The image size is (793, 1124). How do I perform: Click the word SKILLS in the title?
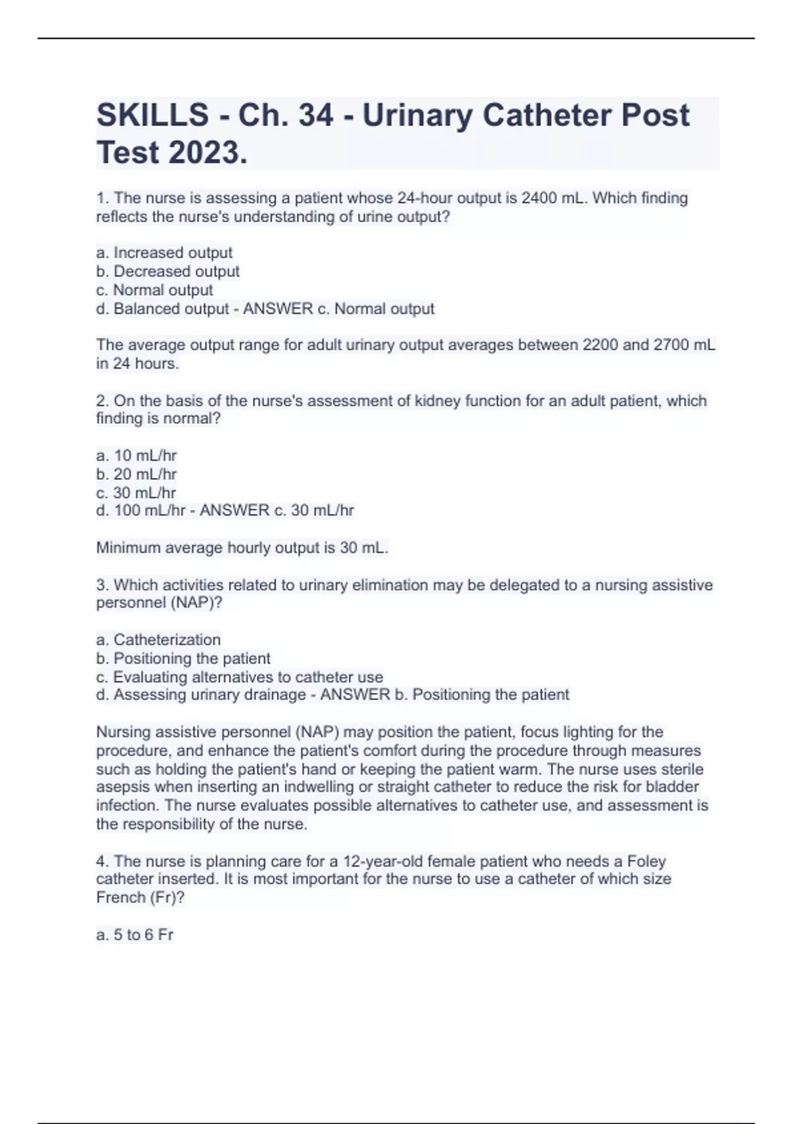click(152, 116)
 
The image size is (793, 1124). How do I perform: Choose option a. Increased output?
click(165, 253)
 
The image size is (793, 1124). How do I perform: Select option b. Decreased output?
click(168, 271)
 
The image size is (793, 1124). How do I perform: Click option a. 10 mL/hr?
click(137, 456)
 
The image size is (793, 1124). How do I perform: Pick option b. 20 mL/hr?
click(137, 474)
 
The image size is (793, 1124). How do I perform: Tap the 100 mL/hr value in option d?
click(149, 510)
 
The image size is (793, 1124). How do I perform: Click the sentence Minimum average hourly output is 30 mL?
click(242, 548)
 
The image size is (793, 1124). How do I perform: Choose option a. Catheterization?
click(159, 640)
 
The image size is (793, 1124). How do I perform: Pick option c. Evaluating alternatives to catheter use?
click(240, 677)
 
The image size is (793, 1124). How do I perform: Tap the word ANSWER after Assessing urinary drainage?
click(355, 695)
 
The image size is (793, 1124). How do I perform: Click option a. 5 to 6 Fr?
click(135, 935)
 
